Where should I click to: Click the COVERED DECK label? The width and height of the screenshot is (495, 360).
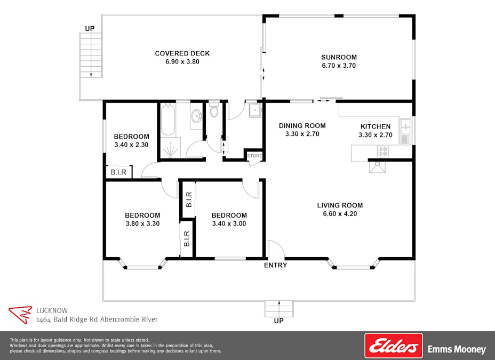(x=182, y=53)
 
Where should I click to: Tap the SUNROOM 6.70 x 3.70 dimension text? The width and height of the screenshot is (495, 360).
(x=339, y=66)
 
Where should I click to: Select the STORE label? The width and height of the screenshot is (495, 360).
(x=254, y=156)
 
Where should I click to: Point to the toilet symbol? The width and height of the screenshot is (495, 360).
(x=214, y=111)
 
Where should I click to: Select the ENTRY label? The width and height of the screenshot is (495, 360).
(x=275, y=265)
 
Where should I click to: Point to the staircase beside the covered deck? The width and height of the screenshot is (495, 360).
(x=91, y=55)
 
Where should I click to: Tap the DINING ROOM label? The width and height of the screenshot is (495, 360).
(x=302, y=126)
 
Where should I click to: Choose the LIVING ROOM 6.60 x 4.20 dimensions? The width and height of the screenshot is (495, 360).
(x=340, y=214)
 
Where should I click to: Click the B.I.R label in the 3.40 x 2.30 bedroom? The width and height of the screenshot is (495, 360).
(x=118, y=172)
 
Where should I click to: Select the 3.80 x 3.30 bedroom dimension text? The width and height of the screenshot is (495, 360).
(x=142, y=224)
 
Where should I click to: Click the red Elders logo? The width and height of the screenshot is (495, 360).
(x=393, y=346)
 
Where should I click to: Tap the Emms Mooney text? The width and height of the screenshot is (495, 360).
(x=457, y=350)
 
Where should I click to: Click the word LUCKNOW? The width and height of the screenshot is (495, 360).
(x=52, y=309)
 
